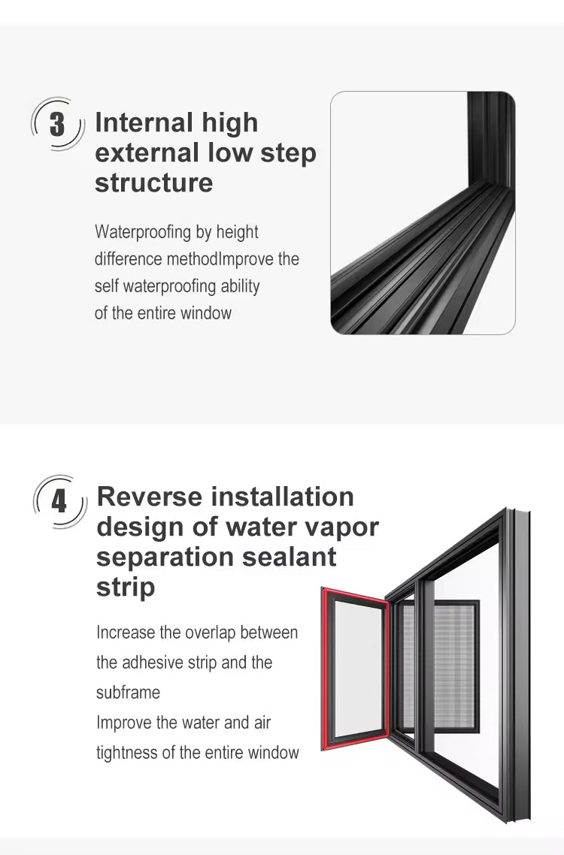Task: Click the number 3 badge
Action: (x=57, y=124)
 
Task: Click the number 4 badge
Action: (x=59, y=500)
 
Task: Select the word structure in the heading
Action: (x=153, y=183)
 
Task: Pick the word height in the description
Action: (x=237, y=232)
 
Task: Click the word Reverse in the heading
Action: (x=150, y=497)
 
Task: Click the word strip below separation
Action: (x=125, y=587)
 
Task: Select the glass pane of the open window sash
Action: (x=356, y=669)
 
